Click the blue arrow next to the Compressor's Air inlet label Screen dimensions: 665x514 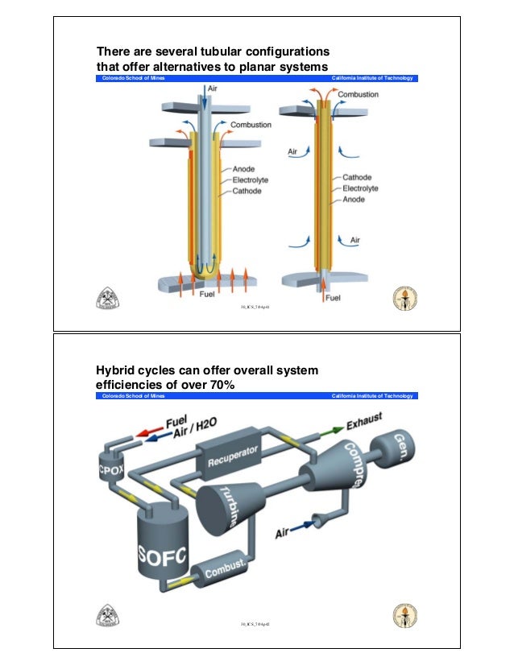click(x=306, y=528)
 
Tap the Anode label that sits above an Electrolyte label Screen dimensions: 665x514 click(x=244, y=169)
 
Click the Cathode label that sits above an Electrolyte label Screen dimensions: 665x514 click(x=357, y=177)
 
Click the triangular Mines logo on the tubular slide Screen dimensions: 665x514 click(x=108, y=296)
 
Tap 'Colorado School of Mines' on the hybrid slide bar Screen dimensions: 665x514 click(x=132, y=396)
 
